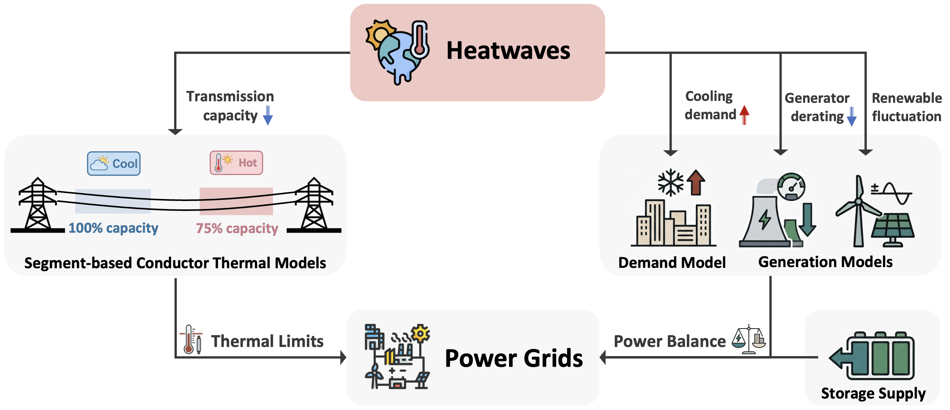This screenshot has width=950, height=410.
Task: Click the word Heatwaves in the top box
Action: [508, 51]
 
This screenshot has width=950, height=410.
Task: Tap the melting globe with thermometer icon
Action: [397, 52]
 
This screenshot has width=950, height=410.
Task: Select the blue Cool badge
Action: [114, 164]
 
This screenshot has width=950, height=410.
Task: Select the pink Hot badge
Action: [236, 163]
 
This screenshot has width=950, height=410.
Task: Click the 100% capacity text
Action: [113, 228]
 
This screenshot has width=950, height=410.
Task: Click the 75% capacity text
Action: [237, 228]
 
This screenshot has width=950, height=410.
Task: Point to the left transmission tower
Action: [37, 204]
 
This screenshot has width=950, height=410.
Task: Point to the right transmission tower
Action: [314, 204]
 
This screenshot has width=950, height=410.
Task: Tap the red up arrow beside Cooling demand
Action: [744, 115]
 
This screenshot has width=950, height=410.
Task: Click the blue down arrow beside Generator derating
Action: [851, 117]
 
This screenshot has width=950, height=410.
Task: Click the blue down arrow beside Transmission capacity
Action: [268, 115]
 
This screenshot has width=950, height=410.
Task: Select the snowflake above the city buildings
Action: [670, 182]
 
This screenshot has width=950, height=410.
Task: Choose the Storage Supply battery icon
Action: [874, 355]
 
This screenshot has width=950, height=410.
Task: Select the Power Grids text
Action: [514, 358]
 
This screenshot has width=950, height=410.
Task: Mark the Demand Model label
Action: [672, 263]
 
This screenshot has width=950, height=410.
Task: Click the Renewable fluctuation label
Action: [906, 107]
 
